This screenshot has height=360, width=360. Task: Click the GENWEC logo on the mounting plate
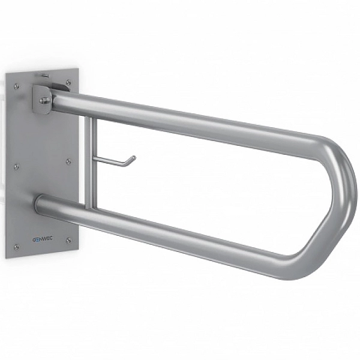click(43, 238)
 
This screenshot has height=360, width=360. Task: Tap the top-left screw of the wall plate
click(16, 86)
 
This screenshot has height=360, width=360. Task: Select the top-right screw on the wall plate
click(68, 82)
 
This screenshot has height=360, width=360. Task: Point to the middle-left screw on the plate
click(16, 166)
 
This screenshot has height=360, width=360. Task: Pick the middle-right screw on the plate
click(68, 161)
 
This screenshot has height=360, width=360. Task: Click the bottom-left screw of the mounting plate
click(16, 247)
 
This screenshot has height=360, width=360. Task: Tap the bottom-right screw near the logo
click(68, 241)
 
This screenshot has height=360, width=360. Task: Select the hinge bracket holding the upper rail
click(42, 100)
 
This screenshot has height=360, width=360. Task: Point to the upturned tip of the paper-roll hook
click(133, 158)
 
